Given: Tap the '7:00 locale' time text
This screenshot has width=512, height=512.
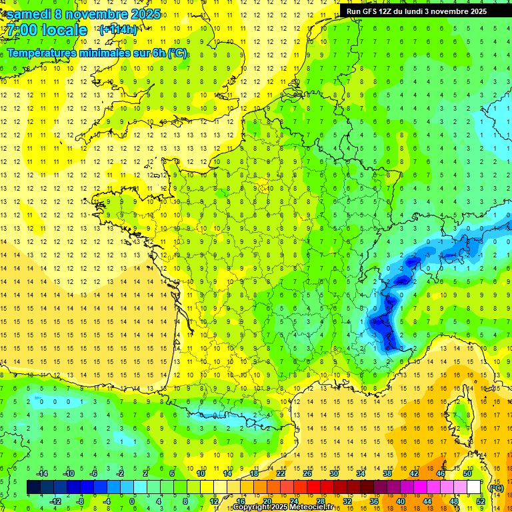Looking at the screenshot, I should pos(47,30).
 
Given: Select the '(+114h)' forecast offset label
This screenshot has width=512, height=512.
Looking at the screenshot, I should pos(118,29).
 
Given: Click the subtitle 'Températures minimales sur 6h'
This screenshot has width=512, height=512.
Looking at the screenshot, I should pos(87,53).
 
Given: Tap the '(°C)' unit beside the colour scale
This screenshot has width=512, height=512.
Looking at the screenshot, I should pos(496,488).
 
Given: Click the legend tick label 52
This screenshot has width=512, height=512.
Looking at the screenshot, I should pos(481,501).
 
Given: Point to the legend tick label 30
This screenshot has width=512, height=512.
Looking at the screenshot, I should pos(334,473).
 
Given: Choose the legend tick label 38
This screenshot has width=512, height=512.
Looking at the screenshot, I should pos(387,473).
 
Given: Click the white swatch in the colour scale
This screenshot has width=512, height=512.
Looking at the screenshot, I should pos(474,487).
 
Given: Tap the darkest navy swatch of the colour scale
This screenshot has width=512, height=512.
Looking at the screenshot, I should pos(34,487).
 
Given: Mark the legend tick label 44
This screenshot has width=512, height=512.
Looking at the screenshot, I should pos(427,501).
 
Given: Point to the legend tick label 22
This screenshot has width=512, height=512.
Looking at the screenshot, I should pos(281,473).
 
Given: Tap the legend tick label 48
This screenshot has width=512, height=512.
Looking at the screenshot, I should pos(454,501).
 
